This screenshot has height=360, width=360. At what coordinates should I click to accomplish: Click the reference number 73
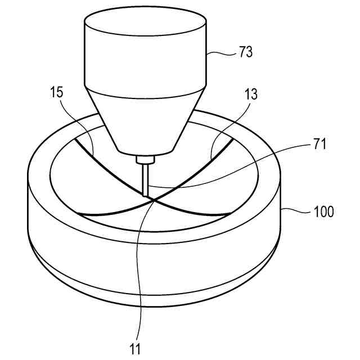pos(245,53)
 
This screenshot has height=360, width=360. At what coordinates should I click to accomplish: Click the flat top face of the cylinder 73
pos(146,22)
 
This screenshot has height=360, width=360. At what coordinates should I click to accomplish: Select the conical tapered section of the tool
pos(146,121)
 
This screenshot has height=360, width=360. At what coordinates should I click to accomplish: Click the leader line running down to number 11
pos(138,270)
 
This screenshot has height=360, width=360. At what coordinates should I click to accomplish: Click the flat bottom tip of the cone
pos(146,152)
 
